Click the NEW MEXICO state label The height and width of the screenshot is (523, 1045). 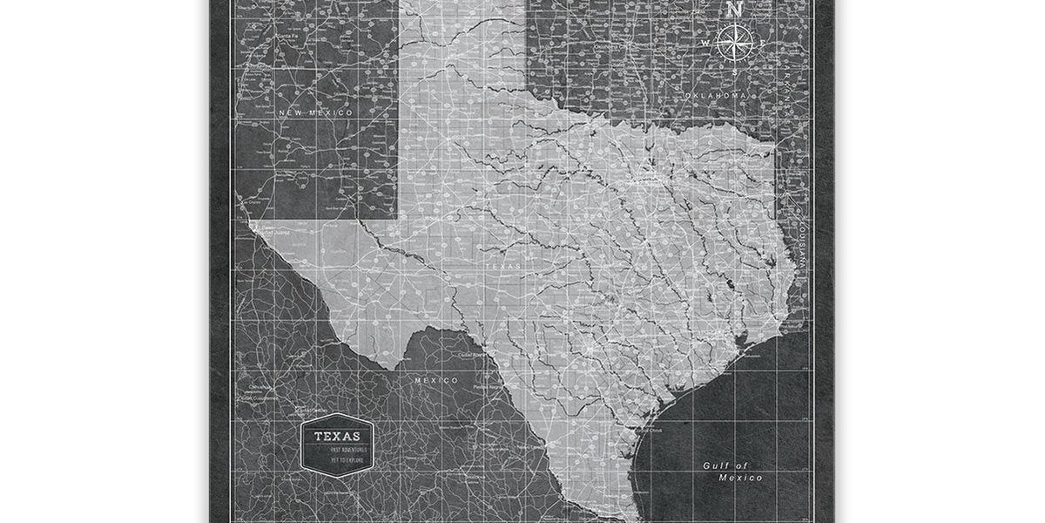pos(315,112)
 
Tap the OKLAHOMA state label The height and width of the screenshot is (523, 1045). pos(716,93)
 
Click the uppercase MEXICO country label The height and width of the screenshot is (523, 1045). pos(436,380)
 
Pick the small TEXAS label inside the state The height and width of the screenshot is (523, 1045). pos(502,267)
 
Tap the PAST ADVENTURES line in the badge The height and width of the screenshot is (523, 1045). pos(349,450)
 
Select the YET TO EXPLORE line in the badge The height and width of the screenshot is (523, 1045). pos(347,458)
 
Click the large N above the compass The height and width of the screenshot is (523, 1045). pos(734,10)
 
